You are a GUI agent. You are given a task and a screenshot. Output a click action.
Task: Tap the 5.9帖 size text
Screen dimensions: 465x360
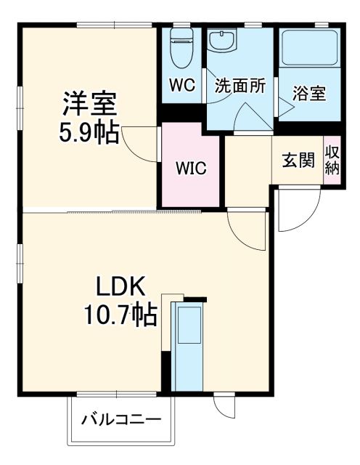[x=89, y=133]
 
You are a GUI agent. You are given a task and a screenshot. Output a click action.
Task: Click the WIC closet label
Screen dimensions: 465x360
[x=191, y=168]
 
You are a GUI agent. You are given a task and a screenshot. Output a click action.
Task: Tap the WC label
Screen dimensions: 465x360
[x=182, y=85]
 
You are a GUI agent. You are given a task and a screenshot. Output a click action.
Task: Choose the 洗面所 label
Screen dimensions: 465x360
[x=240, y=85]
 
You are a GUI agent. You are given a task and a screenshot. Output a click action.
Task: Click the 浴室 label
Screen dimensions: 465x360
[x=309, y=93]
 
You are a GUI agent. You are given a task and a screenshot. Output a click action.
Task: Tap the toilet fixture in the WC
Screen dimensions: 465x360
[x=180, y=47]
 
